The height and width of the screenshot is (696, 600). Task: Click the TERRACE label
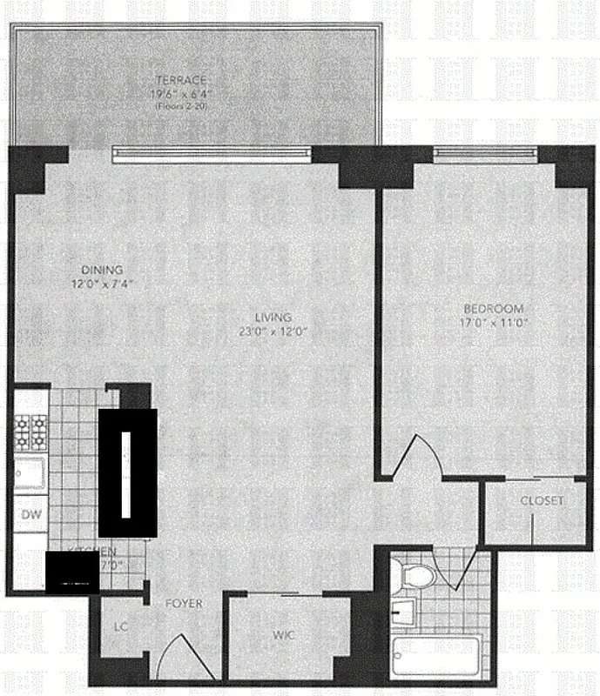(189, 80)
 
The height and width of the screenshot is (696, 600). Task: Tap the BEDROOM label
(493, 309)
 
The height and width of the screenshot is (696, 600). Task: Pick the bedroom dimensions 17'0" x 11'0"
(493, 322)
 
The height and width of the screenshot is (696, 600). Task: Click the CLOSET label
(542, 501)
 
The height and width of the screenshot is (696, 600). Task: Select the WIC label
(285, 636)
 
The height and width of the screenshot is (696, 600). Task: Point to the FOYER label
(184, 603)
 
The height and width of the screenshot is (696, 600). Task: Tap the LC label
(121, 626)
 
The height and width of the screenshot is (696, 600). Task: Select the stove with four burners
(30, 430)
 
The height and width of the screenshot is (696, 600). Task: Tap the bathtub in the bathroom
(435, 660)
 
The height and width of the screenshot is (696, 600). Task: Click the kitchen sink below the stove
(28, 475)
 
